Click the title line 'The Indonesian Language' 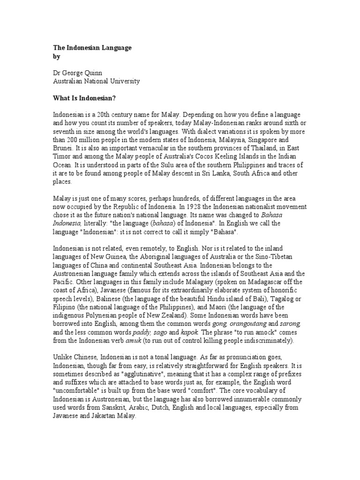[x=91, y=48]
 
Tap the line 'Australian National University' [x=96, y=81]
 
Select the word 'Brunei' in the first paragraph [x=64, y=148]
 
